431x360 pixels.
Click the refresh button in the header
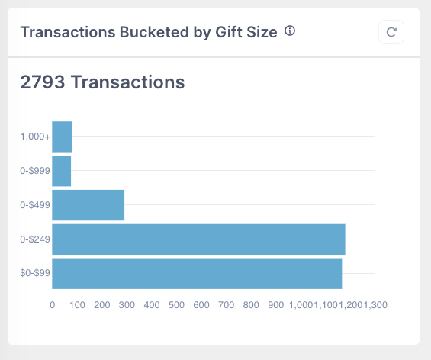pyautogui.click(x=391, y=32)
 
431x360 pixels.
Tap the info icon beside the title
pyautogui.click(x=290, y=31)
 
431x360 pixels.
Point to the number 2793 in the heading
pyautogui.click(x=42, y=82)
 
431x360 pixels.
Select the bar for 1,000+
pyautogui.click(x=62, y=137)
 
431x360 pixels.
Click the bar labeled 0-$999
pyautogui.click(x=61, y=171)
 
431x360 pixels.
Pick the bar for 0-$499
pyautogui.click(x=88, y=205)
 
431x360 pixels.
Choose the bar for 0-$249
pyautogui.click(x=198, y=239)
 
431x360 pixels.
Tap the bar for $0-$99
pyautogui.click(x=197, y=274)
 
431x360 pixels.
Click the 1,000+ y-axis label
pyautogui.click(x=35, y=137)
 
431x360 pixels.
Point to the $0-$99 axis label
pyautogui.click(x=34, y=274)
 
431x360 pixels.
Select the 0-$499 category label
pyautogui.click(x=35, y=205)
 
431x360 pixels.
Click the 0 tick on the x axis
pyautogui.click(x=52, y=304)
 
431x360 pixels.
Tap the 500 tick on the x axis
pyautogui.click(x=176, y=304)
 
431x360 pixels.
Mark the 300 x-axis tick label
pyautogui.click(x=127, y=304)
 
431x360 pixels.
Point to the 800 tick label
pyautogui.click(x=251, y=304)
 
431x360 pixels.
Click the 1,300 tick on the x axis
pyautogui.click(x=376, y=304)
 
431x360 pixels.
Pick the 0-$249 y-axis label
pyautogui.click(x=35, y=239)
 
